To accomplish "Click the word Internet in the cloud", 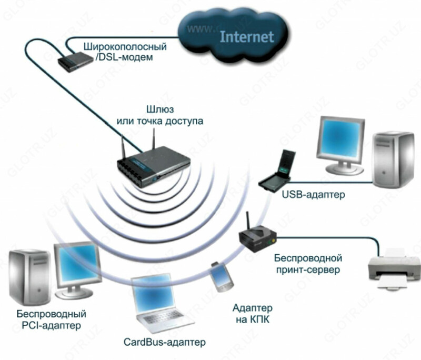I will pos(246,36).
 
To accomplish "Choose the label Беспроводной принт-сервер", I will pos(308,264).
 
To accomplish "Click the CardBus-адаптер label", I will pos(164,343).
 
